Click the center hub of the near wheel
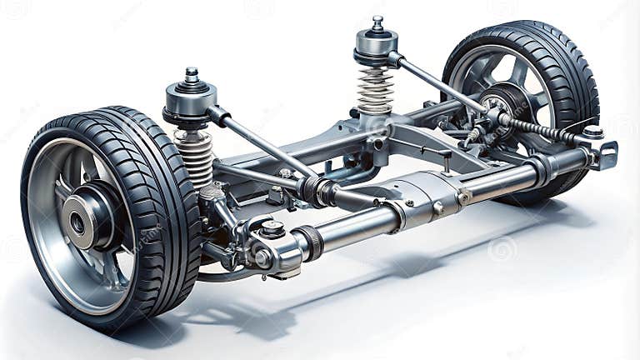point(77,222)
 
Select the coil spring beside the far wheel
point(375,90)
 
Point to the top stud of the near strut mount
point(192,75)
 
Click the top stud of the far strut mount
point(377,22)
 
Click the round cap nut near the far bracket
point(592,132)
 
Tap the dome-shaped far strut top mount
point(377,46)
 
